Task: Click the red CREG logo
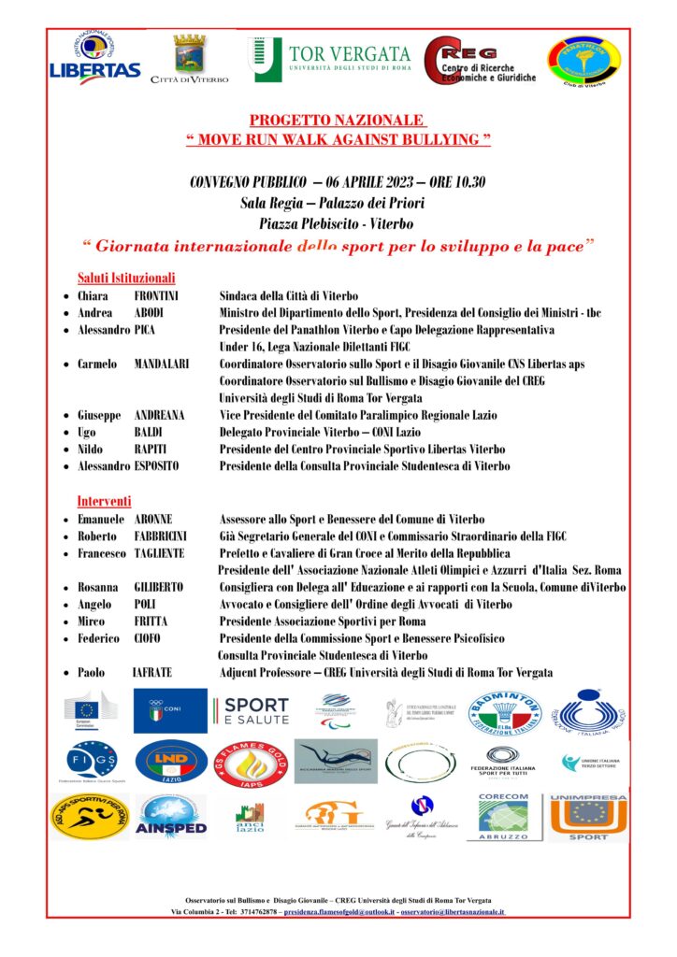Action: click(x=478, y=62)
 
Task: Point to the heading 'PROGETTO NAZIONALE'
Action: click(x=338, y=121)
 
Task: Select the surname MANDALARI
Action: click(x=164, y=364)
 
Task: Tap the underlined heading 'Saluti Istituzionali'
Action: click(x=126, y=279)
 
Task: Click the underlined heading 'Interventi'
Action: click(x=104, y=501)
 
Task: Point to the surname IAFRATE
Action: click(x=152, y=672)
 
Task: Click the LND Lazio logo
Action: click(x=171, y=761)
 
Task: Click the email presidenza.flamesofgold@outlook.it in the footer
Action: click(x=340, y=910)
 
